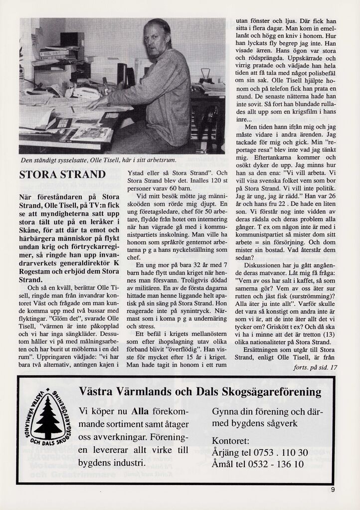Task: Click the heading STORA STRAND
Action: tap(62, 175)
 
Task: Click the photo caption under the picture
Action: tap(95, 161)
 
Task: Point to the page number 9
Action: tap(333, 489)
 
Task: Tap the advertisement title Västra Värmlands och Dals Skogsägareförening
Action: tap(200, 392)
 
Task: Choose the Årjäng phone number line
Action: tap(260, 453)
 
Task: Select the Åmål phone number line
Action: tap(258, 464)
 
